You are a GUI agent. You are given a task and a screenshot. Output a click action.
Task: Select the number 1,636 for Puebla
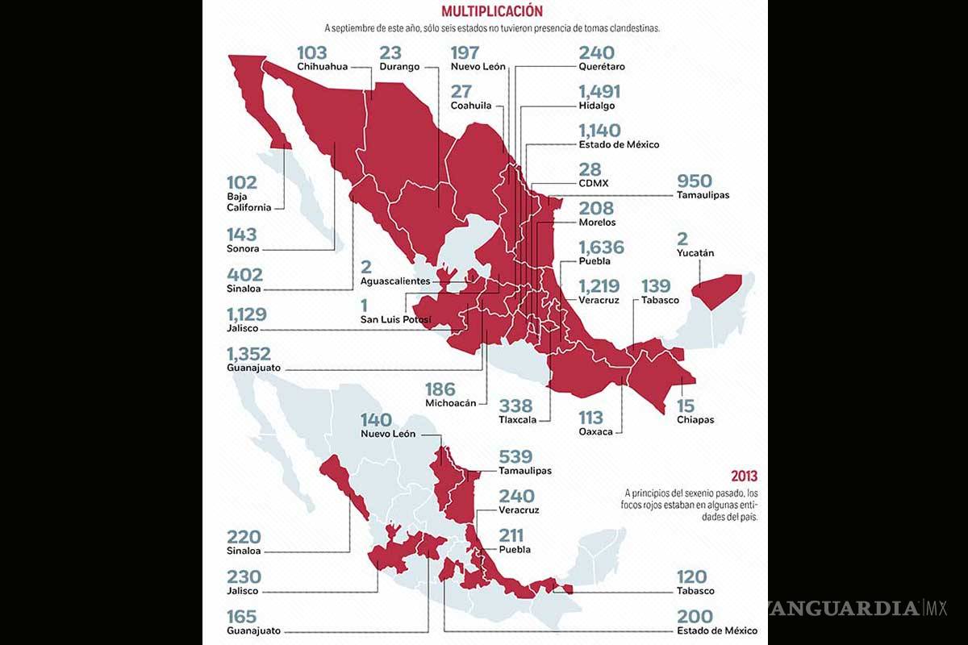pyautogui.click(x=601, y=247)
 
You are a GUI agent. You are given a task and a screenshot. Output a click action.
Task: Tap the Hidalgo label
pyautogui.click(x=597, y=106)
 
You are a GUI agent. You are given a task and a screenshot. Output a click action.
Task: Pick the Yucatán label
pyautogui.click(x=695, y=253)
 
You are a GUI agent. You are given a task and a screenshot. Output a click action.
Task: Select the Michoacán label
pyautogui.click(x=450, y=402)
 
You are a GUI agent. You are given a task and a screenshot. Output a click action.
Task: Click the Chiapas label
pyautogui.click(x=695, y=419)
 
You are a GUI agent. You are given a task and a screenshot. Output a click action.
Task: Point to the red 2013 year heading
pyautogui.click(x=744, y=476)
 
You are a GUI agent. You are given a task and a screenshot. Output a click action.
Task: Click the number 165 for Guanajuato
pyautogui.click(x=242, y=618)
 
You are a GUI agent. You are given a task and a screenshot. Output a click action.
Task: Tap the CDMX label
pyautogui.click(x=593, y=183)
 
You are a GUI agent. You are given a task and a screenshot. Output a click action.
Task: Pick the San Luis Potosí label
pyautogui.click(x=395, y=320)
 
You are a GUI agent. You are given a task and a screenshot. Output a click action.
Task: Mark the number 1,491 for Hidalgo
pyautogui.click(x=601, y=91)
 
